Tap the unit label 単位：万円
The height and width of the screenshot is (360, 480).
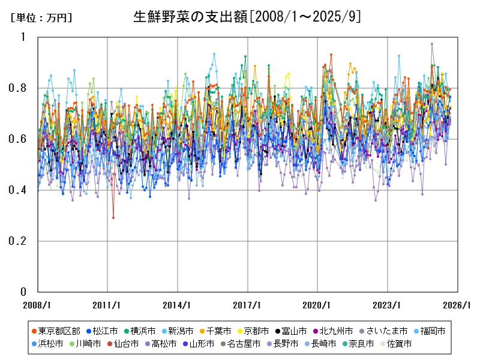41,18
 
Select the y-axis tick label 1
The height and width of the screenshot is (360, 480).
24,37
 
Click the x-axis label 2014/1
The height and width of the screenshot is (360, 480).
178,304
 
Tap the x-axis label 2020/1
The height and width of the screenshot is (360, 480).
317,304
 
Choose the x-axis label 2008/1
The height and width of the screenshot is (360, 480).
38,304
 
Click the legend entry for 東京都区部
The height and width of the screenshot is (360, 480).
54,331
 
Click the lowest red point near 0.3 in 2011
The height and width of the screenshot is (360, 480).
113,217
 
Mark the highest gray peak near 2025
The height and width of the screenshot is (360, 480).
431,44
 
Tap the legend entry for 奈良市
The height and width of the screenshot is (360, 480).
361,344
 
